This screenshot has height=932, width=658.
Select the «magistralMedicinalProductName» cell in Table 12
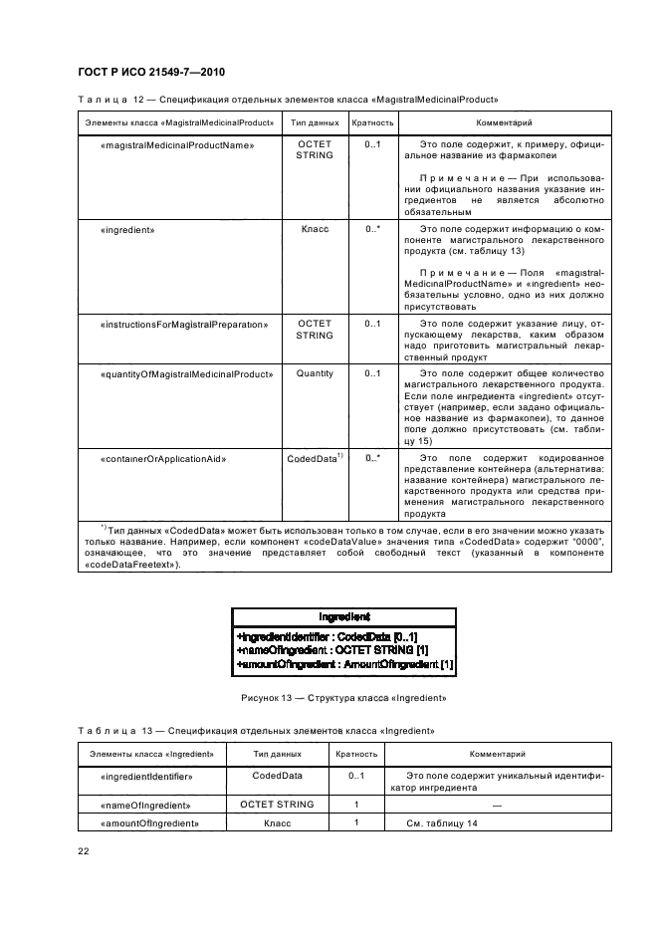pos(178,145)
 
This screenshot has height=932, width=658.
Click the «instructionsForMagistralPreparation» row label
pos(184,324)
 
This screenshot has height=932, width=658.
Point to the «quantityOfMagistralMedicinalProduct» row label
pos(186,374)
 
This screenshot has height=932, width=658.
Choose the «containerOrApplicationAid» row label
pos(163,459)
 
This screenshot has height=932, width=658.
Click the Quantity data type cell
pos(315,374)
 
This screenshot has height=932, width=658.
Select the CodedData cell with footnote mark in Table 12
pos(315,459)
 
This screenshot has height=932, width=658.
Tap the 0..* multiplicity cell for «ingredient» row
pos(372,229)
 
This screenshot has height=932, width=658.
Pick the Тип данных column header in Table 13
pos(277,755)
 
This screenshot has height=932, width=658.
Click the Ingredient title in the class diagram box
pos(344,617)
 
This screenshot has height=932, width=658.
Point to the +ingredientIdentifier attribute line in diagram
pos(327,636)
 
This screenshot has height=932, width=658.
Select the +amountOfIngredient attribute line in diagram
pos(344,663)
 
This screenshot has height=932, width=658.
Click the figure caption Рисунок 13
pos(343,698)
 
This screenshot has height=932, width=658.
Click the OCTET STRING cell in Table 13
pos(277,805)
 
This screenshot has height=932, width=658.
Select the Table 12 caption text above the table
pos(287,100)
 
